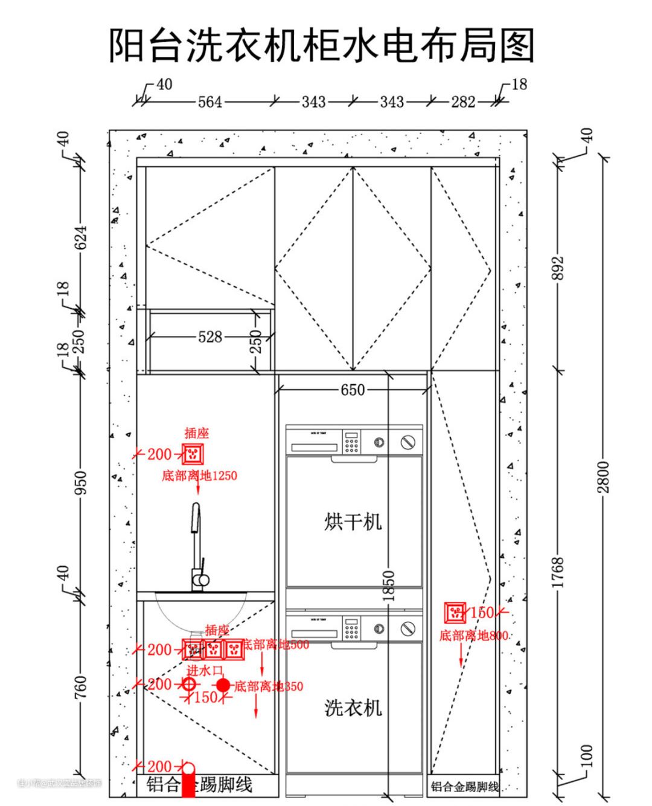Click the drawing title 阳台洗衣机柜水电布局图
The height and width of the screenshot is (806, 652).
[x=322, y=46]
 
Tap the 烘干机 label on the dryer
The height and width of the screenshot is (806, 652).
[x=353, y=521]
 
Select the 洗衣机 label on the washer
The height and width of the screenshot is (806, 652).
[x=353, y=708]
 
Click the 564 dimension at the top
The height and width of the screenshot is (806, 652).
[x=210, y=102]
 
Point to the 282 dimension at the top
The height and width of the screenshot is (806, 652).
[x=463, y=102]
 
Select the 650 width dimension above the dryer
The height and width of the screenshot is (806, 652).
[x=353, y=390]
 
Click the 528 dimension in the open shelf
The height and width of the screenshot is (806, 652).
[x=210, y=337]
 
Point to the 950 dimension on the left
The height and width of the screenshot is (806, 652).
[x=80, y=482]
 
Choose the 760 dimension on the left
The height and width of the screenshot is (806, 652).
[x=80, y=687]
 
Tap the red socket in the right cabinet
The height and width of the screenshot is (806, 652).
[x=455, y=613]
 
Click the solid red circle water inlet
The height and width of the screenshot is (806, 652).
[x=223, y=685]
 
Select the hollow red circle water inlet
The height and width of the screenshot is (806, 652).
[x=189, y=685]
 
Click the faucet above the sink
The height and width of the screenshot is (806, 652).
[x=197, y=544]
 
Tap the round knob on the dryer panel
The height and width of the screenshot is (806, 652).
[x=409, y=442]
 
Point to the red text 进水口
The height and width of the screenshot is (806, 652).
[x=205, y=670]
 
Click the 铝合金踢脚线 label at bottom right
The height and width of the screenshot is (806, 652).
[x=464, y=787]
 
